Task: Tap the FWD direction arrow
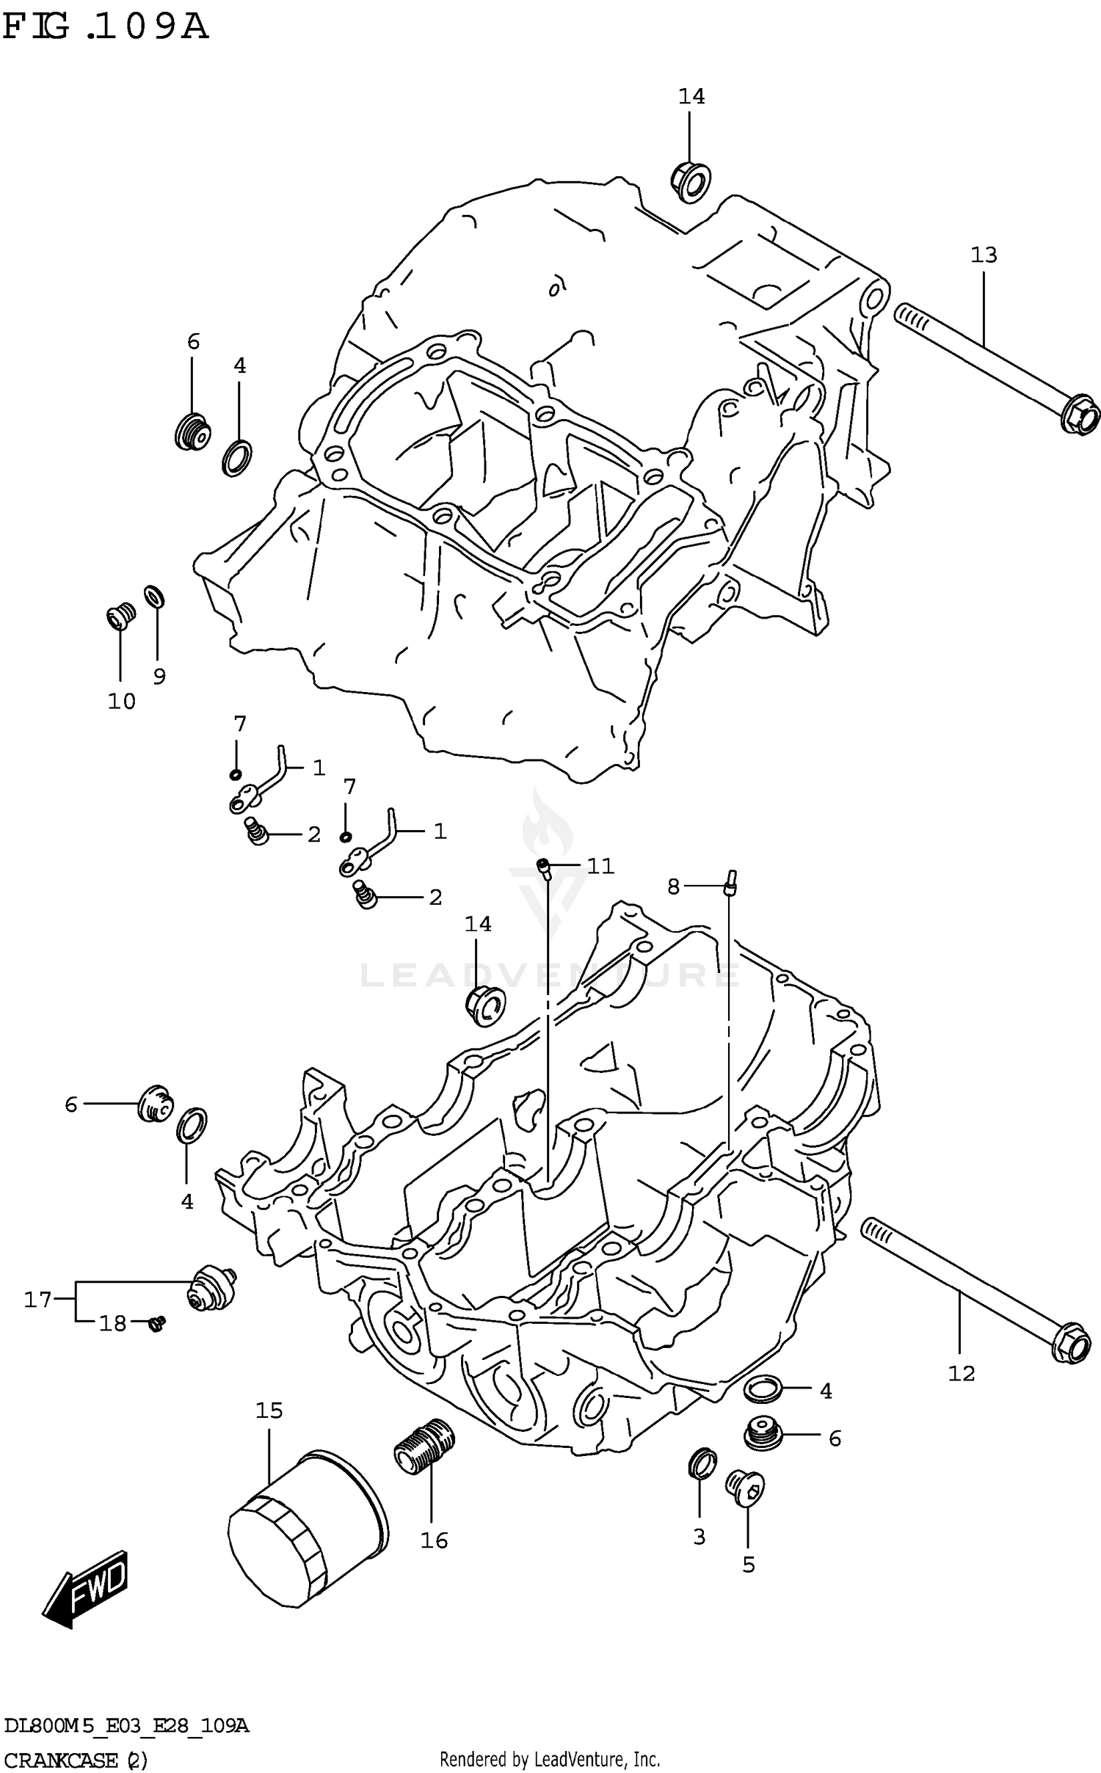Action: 86,1591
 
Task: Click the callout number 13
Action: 984,255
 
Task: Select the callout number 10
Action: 122,702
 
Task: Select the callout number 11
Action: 600,866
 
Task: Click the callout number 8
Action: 673,886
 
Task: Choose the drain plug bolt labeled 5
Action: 745,1485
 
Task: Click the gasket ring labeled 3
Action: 702,1462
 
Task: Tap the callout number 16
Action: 434,1540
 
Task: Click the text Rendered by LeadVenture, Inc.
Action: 550,1758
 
